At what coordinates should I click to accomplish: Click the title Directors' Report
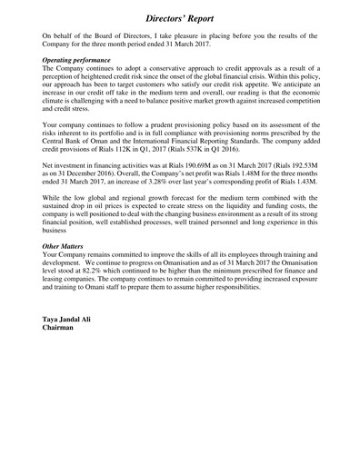pyautogui.click(x=180, y=16)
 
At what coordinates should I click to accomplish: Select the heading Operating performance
pyautogui.click(x=83, y=59)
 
